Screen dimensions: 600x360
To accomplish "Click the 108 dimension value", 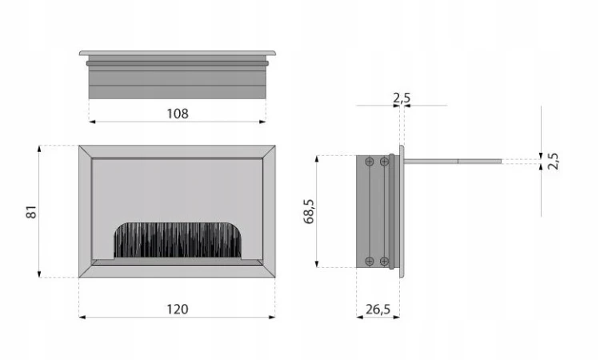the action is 178,114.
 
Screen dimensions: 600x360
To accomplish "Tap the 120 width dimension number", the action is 178,309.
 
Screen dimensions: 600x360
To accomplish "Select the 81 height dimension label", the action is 32,211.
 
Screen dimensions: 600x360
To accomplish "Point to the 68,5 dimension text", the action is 309,211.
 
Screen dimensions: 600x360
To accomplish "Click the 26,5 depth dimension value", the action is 378,309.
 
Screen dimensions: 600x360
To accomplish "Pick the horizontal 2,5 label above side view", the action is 402,98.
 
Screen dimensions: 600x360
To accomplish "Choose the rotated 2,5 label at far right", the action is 553,161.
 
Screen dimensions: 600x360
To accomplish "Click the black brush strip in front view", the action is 178,239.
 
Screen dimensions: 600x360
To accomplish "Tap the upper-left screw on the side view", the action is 370,162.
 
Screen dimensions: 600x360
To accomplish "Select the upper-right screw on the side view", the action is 384,162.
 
